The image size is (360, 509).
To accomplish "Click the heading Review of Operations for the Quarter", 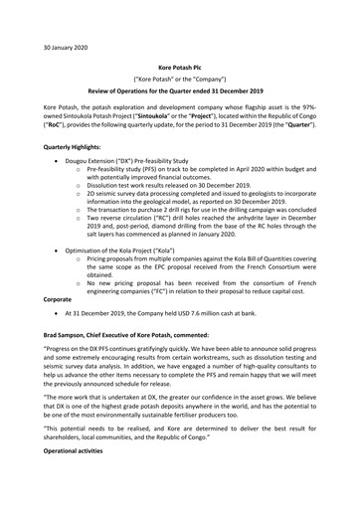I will pyautogui.click(x=179, y=88).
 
